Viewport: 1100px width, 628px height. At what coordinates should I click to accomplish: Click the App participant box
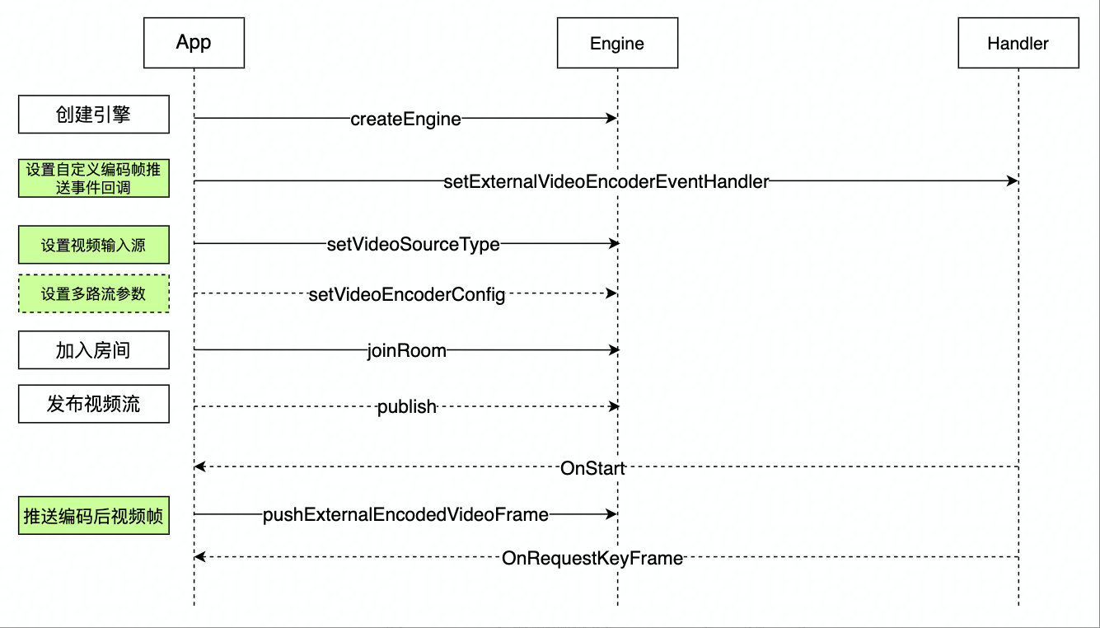coord(194,43)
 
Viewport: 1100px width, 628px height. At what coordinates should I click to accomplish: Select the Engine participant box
coord(617,43)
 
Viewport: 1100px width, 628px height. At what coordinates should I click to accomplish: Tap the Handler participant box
coord(1018,43)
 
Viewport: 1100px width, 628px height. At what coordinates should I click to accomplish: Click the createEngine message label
coord(405,120)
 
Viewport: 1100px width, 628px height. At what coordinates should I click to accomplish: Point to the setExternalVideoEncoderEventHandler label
coord(606,181)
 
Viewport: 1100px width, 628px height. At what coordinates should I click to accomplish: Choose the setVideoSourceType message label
coord(413,244)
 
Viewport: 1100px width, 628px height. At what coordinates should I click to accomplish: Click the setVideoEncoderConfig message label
coord(406,294)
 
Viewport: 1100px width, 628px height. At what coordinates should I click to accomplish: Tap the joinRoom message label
coord(406,350)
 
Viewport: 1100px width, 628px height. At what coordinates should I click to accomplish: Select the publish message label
coord(406,407)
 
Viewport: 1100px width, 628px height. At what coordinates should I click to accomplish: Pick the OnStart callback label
coord(592,468)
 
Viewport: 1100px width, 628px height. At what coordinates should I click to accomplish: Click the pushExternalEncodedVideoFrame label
coord(405,514)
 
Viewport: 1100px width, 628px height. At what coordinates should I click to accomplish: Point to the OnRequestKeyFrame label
coord(592,558)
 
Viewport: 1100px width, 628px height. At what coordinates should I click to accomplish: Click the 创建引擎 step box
coord(94,115)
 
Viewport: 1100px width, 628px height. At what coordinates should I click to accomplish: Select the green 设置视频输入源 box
coord(94,245)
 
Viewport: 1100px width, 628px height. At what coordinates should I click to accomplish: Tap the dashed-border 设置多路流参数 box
coord(94,293)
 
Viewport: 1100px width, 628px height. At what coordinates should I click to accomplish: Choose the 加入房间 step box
coord(94,350)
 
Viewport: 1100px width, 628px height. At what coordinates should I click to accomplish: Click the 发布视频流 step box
coord(94,404)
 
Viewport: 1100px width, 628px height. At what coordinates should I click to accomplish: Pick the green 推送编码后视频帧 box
coord(94,516)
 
